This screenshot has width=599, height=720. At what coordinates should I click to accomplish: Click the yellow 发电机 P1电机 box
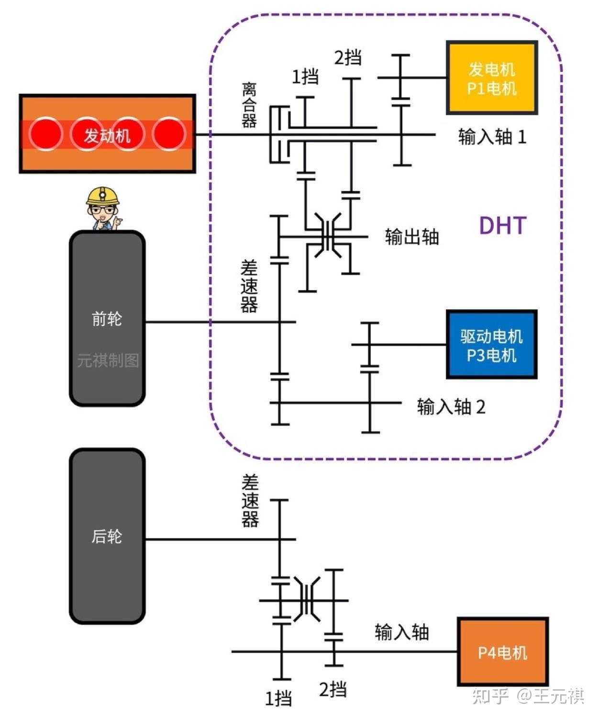[491, 78]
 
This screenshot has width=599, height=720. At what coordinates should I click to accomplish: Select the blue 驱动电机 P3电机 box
[491, 345]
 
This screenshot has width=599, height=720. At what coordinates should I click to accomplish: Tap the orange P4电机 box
[502, 652]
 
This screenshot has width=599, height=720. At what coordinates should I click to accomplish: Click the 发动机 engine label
[107, 135]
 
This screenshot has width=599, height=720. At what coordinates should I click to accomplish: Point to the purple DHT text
[502, 225]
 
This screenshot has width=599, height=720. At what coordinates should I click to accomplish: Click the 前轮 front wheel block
[107, 318]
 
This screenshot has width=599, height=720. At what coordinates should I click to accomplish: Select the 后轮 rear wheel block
[107, 536]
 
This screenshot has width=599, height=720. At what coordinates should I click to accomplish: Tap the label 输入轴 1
[492, 137]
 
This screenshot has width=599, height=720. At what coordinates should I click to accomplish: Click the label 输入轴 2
[451, 407]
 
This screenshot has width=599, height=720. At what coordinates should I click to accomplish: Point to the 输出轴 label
[412, 236]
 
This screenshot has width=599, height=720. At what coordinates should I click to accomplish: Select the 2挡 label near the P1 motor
[348, 57]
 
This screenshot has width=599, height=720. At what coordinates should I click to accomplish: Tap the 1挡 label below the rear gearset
[278, 698]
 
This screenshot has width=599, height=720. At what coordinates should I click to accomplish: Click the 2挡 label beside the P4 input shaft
[333, 689]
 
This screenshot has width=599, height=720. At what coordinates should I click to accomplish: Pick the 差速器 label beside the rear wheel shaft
[250, 500]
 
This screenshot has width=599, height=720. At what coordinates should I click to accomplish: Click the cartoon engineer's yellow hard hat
[102, 195]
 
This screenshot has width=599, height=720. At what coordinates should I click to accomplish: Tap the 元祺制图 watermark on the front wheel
[108, 360]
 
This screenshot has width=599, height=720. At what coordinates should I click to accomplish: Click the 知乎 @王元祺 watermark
[528, 696]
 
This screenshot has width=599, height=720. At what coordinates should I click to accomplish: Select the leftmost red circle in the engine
[45, 135]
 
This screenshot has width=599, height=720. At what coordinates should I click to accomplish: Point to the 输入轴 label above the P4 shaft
[401, 632]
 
